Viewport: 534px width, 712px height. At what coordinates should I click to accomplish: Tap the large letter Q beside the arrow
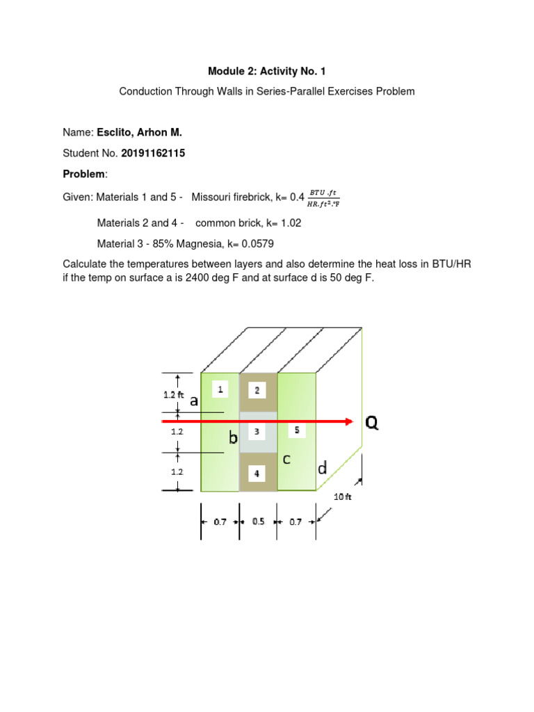pyautogui.click(x=372, y=423)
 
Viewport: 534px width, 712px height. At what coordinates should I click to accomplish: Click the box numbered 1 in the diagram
pyautogui.click(x=220, y=390)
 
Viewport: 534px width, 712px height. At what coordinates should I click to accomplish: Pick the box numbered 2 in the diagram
pyautogui.click(x=257, y=391)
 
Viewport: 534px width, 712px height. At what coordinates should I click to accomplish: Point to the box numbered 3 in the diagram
pyautogui.click(x=257, y=432)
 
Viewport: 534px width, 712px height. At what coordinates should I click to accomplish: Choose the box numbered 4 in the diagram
pyautogui.click(x=257, y=474)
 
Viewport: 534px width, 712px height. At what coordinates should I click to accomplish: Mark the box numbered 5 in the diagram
pyautogui.click(x=297, y=430)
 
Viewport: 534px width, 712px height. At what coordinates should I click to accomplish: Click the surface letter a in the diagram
pyautogui.click(x=194, y=400)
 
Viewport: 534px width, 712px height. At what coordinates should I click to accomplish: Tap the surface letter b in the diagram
pyautogui.click(x=234, y=438)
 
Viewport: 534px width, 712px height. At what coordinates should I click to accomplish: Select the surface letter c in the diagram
pyautogui.click(x=286, y=459)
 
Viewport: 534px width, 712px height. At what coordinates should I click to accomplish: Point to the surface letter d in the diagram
pyautogui.click(x=323, y=469)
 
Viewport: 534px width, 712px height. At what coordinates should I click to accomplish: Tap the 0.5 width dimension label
pyautogui.click(x=258, y=521)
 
